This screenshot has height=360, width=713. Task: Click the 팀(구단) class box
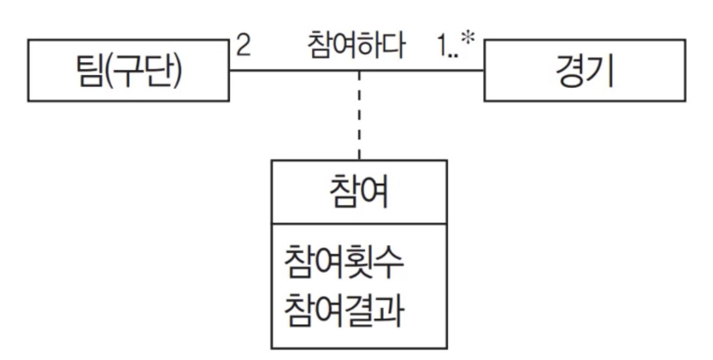[x=128, y=70]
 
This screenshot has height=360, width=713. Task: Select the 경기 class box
[x=585, y=70]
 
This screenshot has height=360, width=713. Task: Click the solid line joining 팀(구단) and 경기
[x=293, y=70]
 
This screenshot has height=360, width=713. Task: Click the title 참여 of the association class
[x=359, y=193]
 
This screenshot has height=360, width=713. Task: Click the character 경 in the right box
[x=569, y=71]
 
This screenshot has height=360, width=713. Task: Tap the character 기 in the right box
[x=601, y=71]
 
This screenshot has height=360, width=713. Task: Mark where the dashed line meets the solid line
[x=359, y=70]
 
